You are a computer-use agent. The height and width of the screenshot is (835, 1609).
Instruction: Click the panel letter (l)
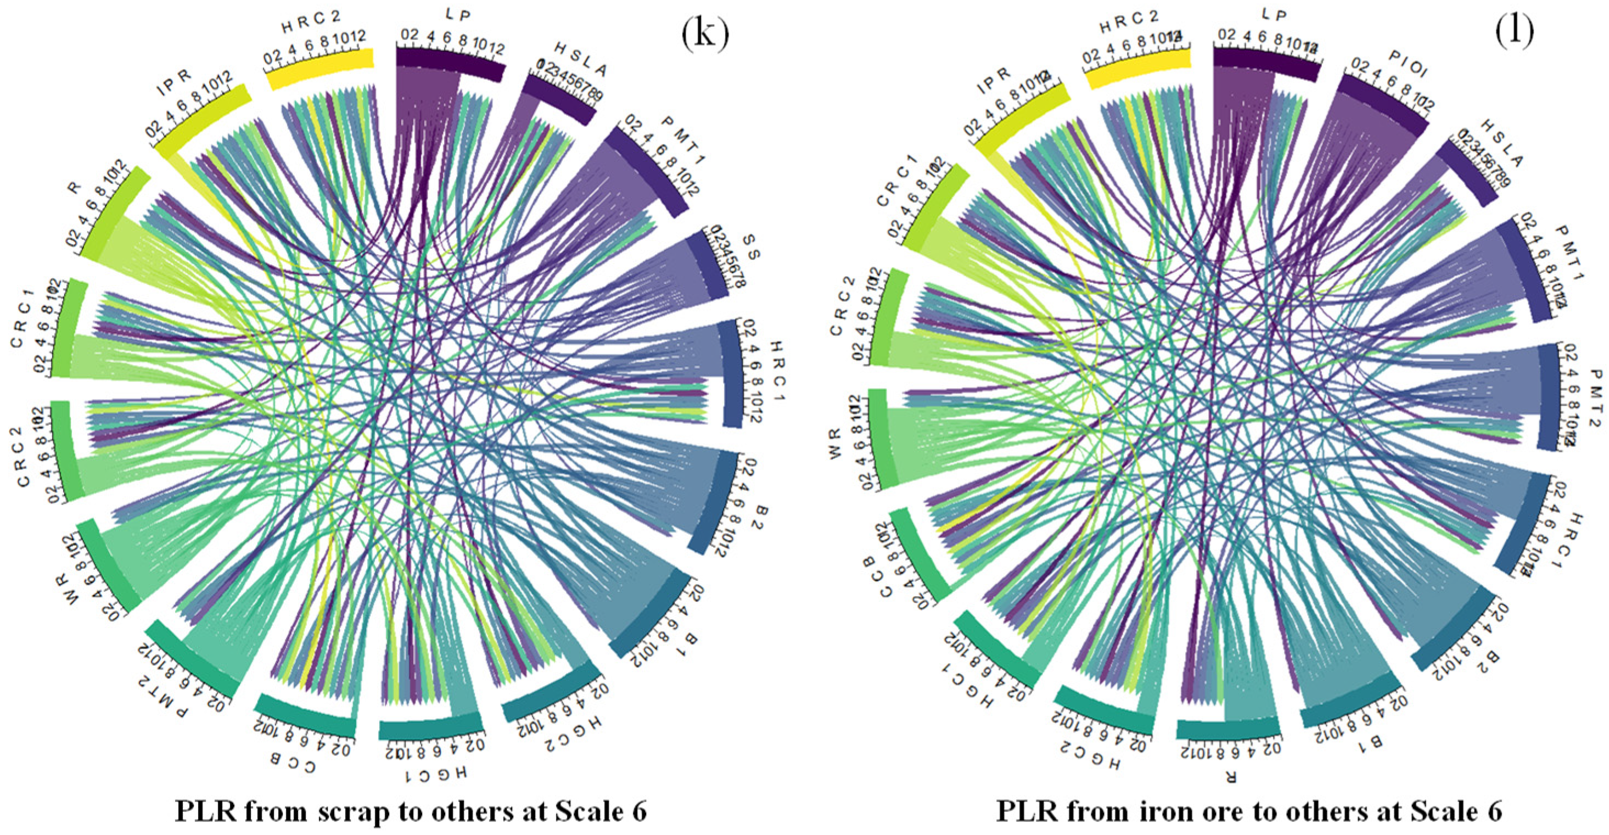click(x=1514, y=32)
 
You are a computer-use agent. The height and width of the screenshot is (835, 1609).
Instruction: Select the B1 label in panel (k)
click(x=692, y=638)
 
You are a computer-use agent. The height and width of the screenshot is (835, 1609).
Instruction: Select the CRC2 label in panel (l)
click(x=842, y=305)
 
